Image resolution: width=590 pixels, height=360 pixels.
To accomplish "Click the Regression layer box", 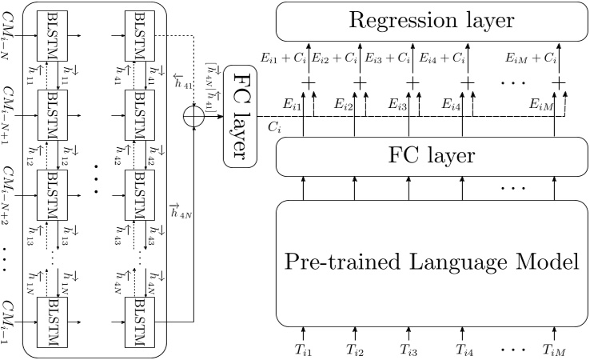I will pos(432,21).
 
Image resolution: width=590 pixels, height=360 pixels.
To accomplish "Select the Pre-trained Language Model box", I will pos(432,261).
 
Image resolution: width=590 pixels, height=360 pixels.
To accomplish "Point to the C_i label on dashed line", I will pos(274,127).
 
